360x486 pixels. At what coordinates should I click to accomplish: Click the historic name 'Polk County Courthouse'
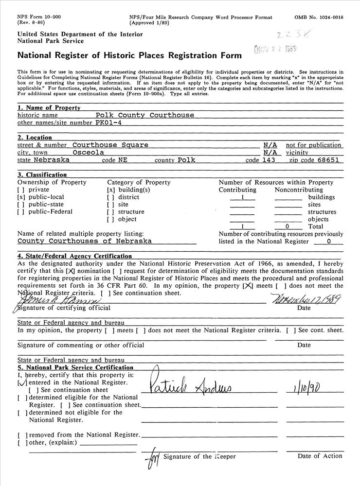[145, 115]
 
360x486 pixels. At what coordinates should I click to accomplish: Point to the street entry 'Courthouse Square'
[110, 145]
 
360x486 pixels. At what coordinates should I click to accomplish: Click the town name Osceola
[89, 152]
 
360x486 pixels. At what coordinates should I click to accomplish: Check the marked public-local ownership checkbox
[21, 197]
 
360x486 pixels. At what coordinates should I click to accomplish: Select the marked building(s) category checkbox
[111, 190]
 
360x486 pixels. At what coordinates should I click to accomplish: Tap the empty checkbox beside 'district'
[111, 197]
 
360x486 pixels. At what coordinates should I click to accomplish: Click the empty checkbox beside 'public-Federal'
[21, 212]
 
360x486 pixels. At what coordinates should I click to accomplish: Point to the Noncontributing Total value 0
[288, 226]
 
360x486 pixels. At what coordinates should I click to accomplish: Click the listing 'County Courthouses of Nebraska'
[85, 241]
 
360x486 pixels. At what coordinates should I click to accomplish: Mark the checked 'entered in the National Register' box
[21, 382]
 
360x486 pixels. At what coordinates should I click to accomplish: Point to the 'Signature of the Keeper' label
[199, 457]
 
